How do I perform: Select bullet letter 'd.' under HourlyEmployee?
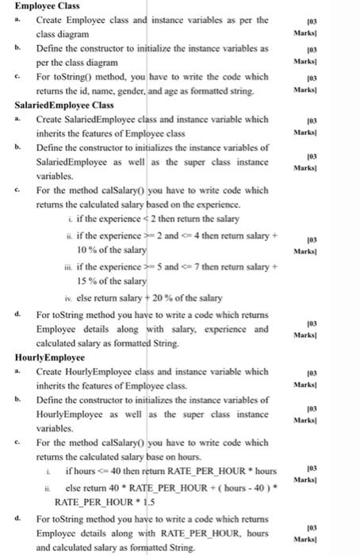pyautogui.click(x=19, y=519)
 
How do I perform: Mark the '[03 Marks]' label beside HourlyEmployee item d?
pyautogui.click(x=331, y=533)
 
